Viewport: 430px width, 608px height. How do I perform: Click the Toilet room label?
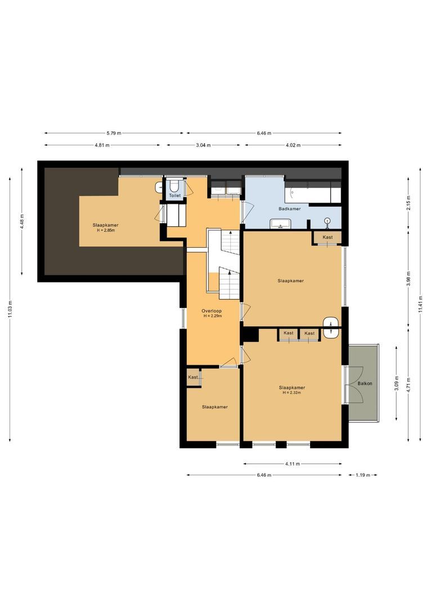175,196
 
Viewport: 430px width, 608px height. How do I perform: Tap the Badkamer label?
289,209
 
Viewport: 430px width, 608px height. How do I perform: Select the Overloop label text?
212,311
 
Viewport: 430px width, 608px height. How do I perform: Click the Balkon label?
365,384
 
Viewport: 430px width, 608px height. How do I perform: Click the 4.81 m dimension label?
102,145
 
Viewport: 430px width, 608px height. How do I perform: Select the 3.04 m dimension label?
203,145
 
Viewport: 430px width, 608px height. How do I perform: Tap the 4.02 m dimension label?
291,145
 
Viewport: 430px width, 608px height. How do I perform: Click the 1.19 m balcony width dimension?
363,475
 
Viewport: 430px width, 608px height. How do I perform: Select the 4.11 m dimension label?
292,464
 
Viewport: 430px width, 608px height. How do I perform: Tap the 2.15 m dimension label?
409,202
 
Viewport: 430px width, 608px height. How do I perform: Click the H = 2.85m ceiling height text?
106,230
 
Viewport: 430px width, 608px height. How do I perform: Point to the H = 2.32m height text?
292,392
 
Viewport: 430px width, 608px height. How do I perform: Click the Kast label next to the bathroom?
328,237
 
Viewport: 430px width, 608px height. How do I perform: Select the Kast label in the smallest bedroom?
193,377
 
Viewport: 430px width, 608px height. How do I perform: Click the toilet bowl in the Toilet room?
175,185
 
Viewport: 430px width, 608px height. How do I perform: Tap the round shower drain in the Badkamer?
327,221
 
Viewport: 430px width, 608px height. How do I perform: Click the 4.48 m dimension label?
23,220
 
